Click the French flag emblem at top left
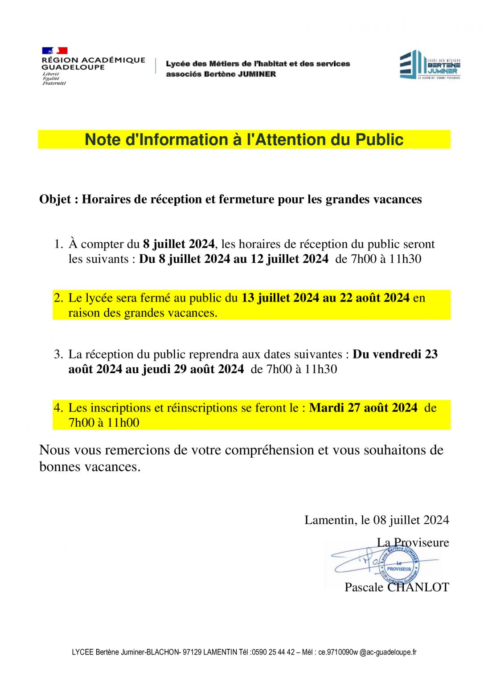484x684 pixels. tap(54, 51)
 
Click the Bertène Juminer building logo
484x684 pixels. tap(430, 65)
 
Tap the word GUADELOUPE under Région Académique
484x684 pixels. tap(73, 67)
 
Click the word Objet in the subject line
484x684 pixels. tap(55, 199)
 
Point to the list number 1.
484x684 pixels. tap(59, 244)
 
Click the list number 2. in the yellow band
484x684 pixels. tap(59, 298)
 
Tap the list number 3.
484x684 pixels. tap(59, 354)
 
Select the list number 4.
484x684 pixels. tap(59, 408)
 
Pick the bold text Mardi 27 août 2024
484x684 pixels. tap(363, 408)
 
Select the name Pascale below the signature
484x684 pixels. tap(364, 587)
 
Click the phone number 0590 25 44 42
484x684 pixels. tap(273, 652)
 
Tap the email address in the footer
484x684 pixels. tap(367, 652)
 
